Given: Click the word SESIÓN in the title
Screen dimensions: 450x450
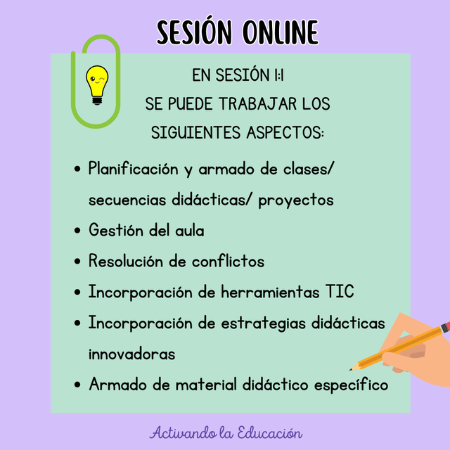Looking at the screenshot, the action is coord(194,32).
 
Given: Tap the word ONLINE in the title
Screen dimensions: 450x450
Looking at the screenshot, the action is coord(281,32).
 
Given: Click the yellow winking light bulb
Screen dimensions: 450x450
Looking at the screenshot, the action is coord(97,85).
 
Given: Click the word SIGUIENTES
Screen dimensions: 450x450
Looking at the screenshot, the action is coord(195,133).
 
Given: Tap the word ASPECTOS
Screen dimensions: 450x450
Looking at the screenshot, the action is coord(285,133).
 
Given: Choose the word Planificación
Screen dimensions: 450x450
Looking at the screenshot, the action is coord(133,169).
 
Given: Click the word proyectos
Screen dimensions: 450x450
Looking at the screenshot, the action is coord(296,200).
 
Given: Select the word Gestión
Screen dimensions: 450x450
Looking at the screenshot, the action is coord(116,230).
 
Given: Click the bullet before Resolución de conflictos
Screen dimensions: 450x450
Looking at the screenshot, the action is coord(77,261).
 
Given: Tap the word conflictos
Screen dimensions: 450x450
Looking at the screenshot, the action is coord(228,261).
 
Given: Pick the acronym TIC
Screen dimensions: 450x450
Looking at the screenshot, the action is coord(340,292).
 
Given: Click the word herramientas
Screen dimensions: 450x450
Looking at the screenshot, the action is coord(270,292).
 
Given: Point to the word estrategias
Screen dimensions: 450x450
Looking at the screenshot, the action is coord(263,323).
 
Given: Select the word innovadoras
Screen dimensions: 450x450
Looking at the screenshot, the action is coord(131,354).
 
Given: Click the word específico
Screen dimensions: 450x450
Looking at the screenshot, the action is coord(351,385).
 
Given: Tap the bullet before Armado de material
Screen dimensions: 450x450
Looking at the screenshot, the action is coord(77,385).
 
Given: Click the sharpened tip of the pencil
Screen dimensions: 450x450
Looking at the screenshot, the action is coord(350,370).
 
